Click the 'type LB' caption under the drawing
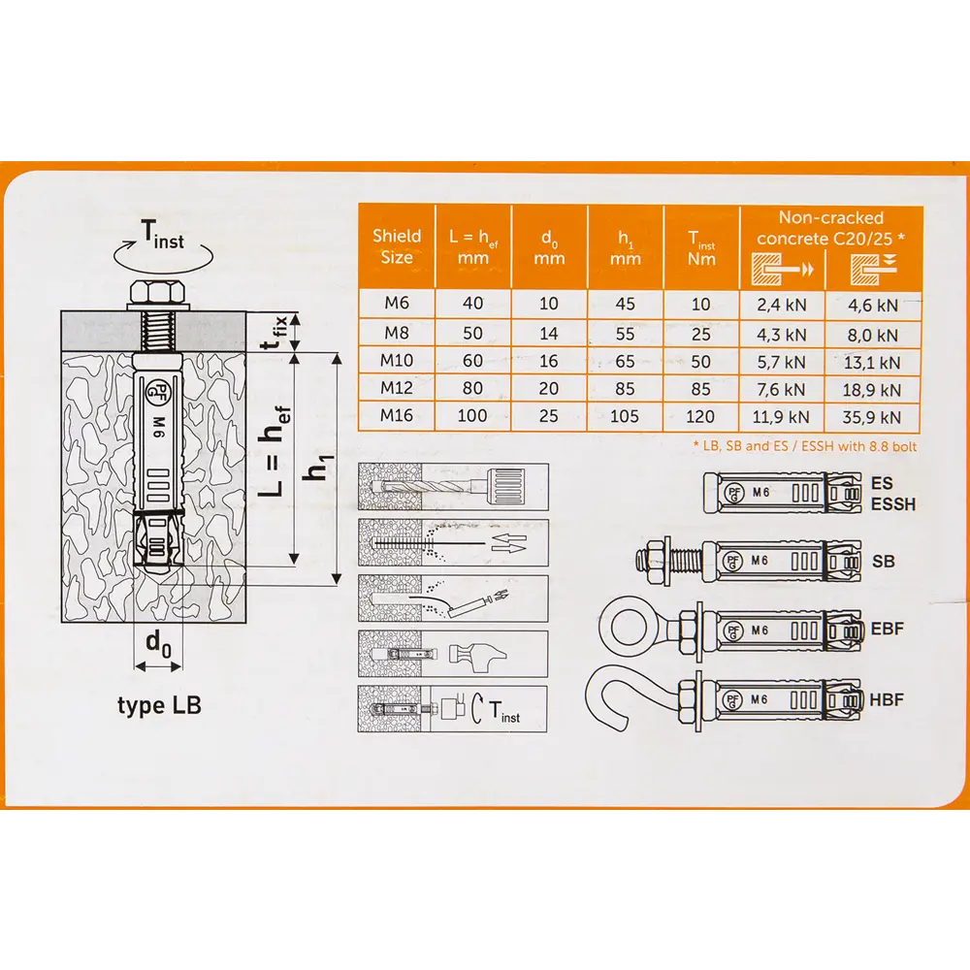[x=160, y=706]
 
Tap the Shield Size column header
[x=397, y=246]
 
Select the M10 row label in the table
[x=397, y=360]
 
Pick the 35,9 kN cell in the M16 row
[x=872, y=417]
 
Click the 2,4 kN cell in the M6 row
[x=782, y=305]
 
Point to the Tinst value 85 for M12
[x=700, y=389]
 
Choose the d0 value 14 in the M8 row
[x=549, y=334]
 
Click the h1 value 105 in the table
[x=624, y=416]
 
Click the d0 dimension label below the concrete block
[x=158, y=644]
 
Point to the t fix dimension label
[x=275, y=332]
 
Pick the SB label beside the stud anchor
[x=884, y=562]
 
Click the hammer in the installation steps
[x=477, y=655]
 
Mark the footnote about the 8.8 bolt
[x=805, y=446]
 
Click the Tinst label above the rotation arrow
[x=163, y=235]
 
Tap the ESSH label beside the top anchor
[x=893, y=504]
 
